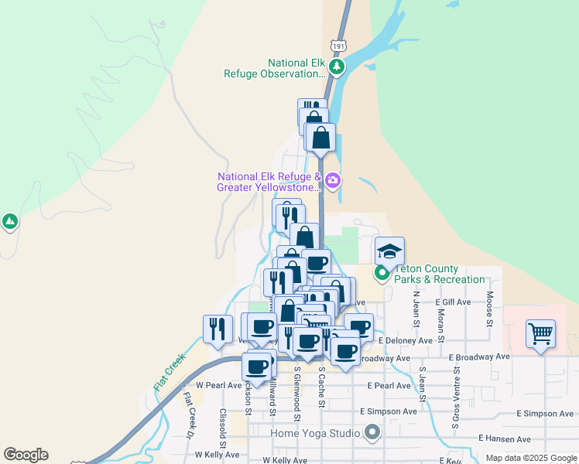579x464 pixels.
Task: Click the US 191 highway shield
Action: point(338,46)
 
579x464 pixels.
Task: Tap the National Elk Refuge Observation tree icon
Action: point(336,67)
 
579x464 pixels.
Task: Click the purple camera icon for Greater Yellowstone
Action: point(333,181)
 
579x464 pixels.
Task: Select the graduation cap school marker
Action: point(389,251)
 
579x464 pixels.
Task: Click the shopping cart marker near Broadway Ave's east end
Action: point(540,334)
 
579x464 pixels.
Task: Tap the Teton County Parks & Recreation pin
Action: point(382,273)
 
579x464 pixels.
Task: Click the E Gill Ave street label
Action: point(453,302)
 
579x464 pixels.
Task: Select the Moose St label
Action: point(490,309)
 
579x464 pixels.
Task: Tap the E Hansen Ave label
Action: point(504,438)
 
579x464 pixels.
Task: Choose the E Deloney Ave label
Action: point(406,339)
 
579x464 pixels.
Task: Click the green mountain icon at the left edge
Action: point(9,223)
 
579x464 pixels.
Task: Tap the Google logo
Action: point(26,455)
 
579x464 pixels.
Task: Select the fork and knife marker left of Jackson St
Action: point(218,328)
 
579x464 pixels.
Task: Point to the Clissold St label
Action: point(223,428)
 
